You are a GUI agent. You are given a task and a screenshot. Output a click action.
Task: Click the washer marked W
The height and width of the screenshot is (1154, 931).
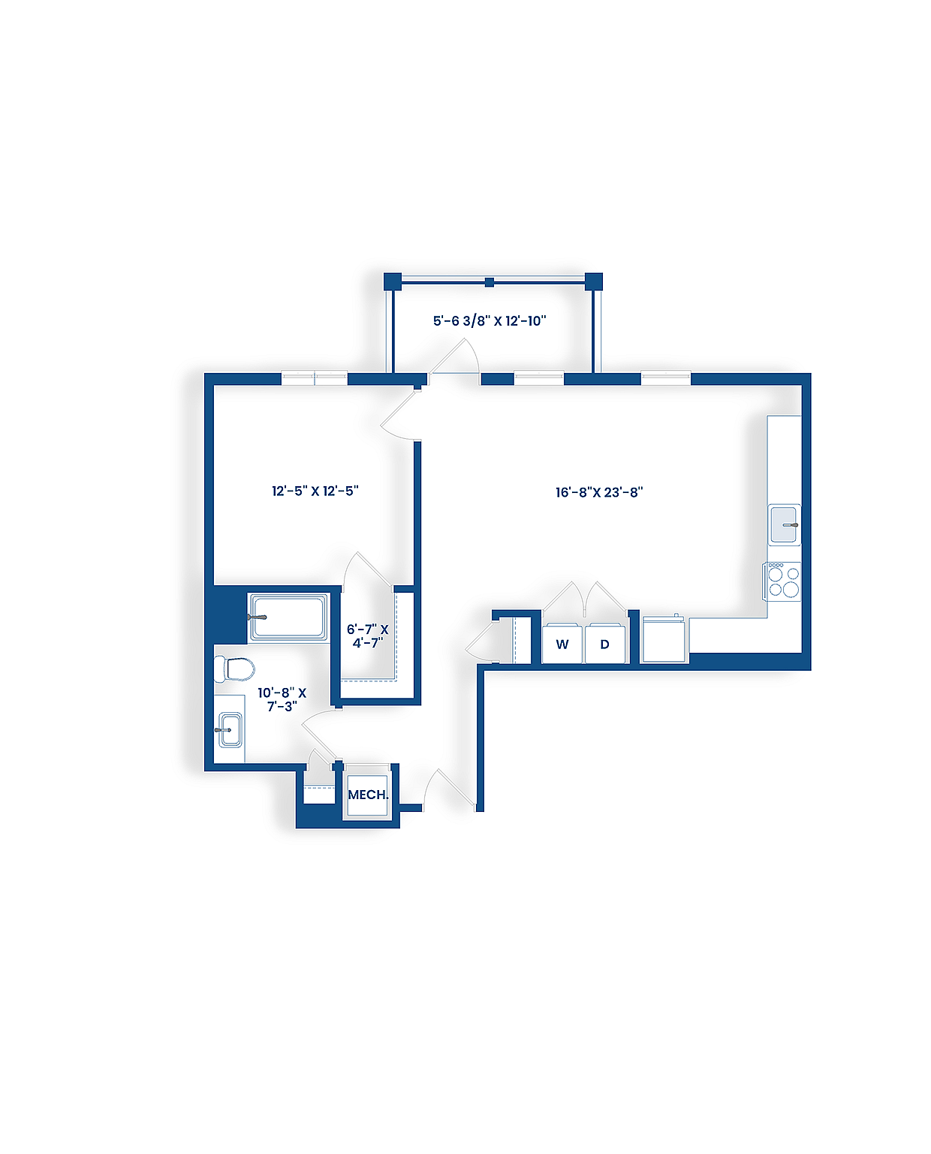click(562, 644)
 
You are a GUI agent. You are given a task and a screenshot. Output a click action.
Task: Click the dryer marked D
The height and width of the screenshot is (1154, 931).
click(604, 644)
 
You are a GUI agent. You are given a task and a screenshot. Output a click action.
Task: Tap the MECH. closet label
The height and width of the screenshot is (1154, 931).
click(368, 795)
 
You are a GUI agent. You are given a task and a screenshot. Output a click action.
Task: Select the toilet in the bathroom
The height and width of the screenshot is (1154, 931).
click(234, 669)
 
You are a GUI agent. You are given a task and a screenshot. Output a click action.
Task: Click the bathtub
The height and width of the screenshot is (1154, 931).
click(289, 617)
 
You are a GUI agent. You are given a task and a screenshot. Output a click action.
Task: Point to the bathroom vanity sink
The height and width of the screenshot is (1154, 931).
click(229, 730)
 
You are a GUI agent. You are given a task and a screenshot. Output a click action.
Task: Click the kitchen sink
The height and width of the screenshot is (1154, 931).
click(785, 524)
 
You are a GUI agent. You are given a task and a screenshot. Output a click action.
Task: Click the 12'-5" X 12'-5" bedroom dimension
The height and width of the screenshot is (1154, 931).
click(315, 491)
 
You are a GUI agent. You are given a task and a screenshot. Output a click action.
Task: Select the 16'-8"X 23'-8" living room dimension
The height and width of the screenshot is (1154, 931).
click(599, 492)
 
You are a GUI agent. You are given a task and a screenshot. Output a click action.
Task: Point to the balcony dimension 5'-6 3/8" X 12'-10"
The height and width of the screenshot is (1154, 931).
click(490, 321)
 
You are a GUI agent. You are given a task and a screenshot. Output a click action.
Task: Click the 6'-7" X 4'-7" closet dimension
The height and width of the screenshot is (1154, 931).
click(368, 636)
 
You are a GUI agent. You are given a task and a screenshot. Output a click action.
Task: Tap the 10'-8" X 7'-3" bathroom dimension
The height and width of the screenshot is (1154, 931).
click(282, 699)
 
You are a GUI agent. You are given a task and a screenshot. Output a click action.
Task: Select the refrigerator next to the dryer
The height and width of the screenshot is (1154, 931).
click(664, 640)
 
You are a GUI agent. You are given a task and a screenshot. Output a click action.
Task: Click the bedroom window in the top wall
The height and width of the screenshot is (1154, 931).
click(314, 378)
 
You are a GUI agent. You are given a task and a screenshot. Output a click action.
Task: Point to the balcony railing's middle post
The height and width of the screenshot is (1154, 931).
click(490, 282)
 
